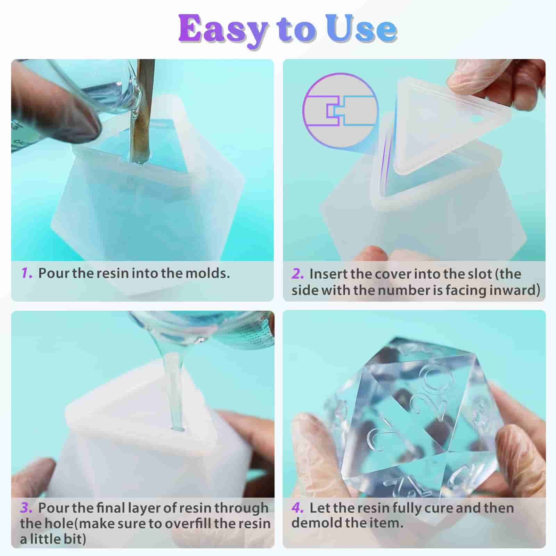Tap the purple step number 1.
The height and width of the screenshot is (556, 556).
coord(26,273)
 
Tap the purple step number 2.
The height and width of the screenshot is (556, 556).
coord(298,274)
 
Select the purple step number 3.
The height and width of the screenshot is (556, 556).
coord(26,508)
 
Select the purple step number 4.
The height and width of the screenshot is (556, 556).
coord(298,508)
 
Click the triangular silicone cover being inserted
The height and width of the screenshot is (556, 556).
coord(448,125)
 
